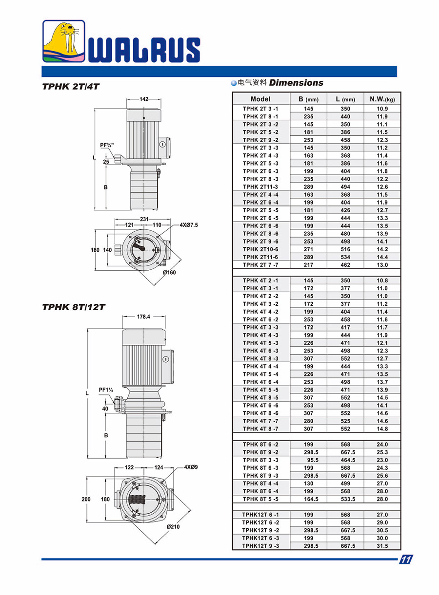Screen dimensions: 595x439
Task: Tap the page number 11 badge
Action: click(x=406, y=559)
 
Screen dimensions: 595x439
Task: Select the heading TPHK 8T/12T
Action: click(x=74, y=307)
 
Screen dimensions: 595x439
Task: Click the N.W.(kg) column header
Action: click(x=382, y=99)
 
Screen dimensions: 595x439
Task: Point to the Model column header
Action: click(x=260, y=99)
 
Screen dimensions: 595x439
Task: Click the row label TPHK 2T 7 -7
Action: click(x=260, y=265)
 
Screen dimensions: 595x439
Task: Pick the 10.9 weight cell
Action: click(x=382, y=109)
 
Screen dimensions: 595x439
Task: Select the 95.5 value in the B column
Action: click(x=309, y=460)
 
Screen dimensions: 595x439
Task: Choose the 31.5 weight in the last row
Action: click(x=382, y=546)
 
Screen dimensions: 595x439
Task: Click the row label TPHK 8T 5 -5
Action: click(x=260, y=499)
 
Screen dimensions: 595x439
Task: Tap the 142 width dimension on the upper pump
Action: click(x=144, y=99)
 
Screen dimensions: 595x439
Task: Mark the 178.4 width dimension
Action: click(x=144, y=316)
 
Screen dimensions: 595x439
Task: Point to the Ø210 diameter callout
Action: click(x=174, y=526)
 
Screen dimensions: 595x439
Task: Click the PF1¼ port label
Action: click(x=106, y=390)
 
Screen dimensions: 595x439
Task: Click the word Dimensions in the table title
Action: click(x=296, y=83)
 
